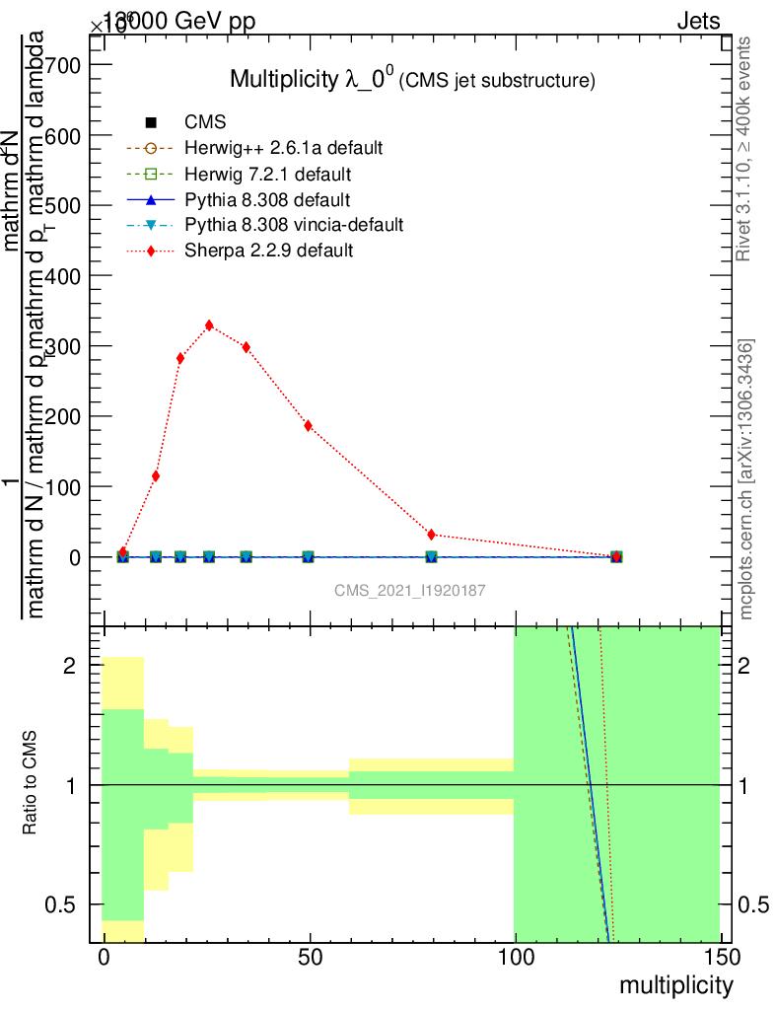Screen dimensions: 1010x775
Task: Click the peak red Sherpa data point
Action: pos(209,325)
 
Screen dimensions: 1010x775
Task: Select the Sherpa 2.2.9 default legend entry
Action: pos(268,251)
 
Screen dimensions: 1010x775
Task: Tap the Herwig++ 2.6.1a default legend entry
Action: pos(283,148)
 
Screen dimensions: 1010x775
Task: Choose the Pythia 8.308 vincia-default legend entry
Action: pos(294,225)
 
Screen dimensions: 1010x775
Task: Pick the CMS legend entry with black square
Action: pos(206,122)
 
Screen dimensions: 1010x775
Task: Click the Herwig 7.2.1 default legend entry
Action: pos(269,174)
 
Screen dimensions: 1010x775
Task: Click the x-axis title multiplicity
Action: pos(675,985)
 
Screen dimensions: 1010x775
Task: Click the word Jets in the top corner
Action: pos(698,21)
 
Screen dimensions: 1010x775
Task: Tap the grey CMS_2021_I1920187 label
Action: pos(410,590)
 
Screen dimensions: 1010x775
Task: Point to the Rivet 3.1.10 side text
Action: pos(746,149)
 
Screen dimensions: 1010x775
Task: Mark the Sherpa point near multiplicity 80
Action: pos(432,535)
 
